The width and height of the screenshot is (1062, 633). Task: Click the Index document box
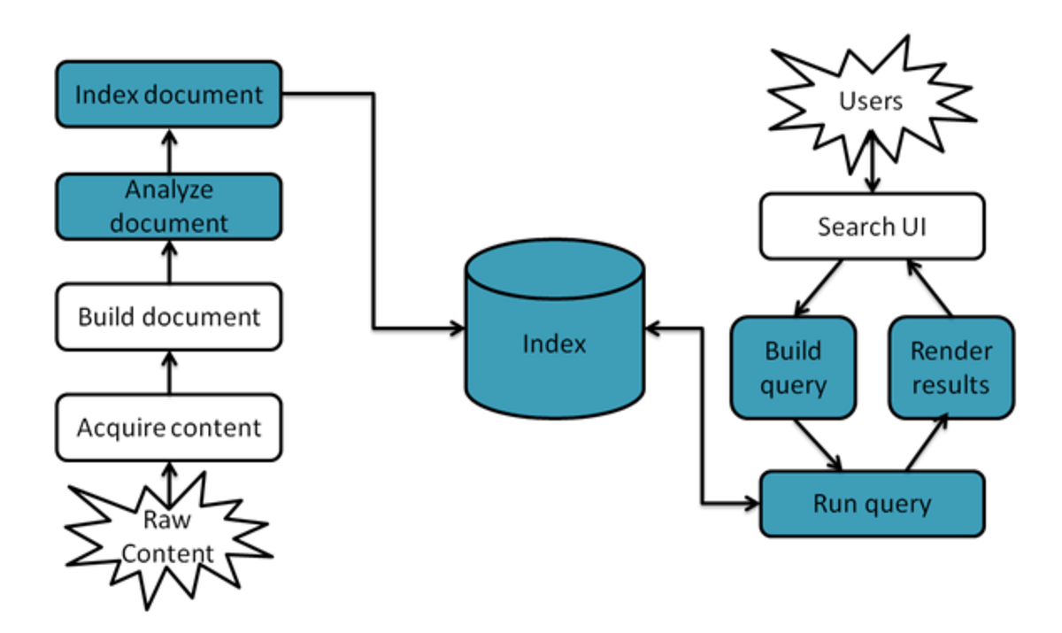(x=168, y=94)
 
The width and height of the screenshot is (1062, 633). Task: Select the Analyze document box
(x=168, y=205)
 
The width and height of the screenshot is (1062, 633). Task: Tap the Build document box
(x=168, y=316)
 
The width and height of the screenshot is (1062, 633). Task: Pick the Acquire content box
(x=168, y=428)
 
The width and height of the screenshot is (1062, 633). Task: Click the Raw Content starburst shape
(x=168, y=540)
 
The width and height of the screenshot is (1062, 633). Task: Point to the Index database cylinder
(x=554, y=341)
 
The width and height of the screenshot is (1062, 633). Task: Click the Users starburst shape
(x=871, y=102)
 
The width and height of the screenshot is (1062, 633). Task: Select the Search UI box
(x=872, y=227)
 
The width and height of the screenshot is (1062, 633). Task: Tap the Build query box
(x=793, y=367)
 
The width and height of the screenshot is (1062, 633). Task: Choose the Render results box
(x=950, y=367)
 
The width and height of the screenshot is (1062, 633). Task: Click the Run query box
(x=872, y=504)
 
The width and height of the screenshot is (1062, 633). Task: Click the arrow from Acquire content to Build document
(x=168, y=372)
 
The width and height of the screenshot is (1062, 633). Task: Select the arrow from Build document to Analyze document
(x=168, y=261)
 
